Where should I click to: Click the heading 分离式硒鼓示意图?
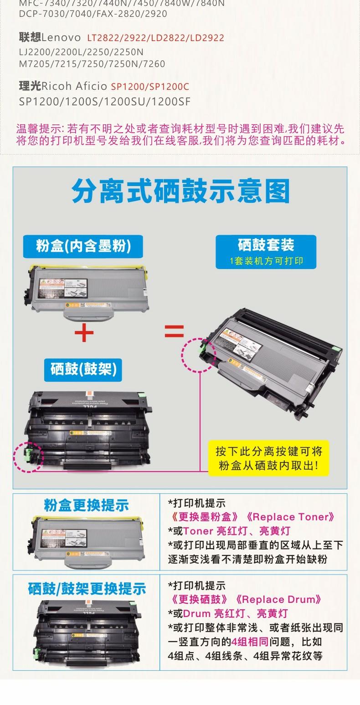pos(180,191)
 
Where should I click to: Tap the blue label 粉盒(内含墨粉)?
pos(83,246)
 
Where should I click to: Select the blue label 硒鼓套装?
pos(266,245)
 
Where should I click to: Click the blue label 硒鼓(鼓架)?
pos(83,369)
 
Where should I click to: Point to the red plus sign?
pos(84,332)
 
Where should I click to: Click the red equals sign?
pos(174,332)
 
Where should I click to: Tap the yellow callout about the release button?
pos(268,458)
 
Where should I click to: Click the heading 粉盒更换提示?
pos(86,505)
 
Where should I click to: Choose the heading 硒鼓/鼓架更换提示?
pos(87,588)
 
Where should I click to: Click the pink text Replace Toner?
pos(293,517)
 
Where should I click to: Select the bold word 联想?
pos(30,37)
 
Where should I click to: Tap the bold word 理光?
pos(30,86)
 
